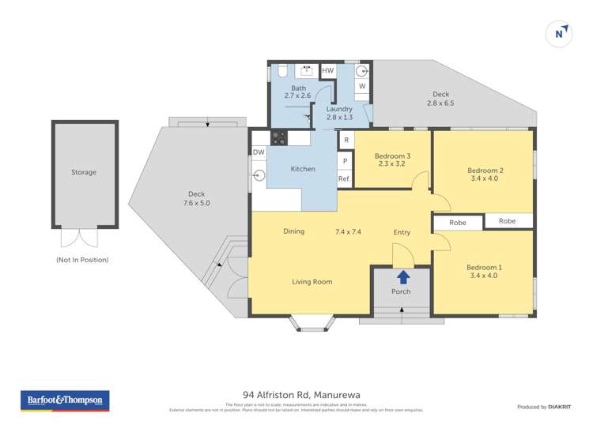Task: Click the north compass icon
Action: tap(559, 33)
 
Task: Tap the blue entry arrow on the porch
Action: tap(402, 277)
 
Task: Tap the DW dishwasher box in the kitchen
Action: tap(259, 152)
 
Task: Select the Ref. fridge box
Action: tap(344, 179)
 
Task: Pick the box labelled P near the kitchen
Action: tap(345, 161)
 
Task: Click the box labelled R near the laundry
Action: tap(346, 141)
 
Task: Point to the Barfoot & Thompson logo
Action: tap(64, 400)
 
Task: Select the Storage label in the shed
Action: tap(84, 172)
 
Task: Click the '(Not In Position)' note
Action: tap(82, 260)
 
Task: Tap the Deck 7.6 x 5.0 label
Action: tap(198, 198)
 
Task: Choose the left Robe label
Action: tap(458, 223)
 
